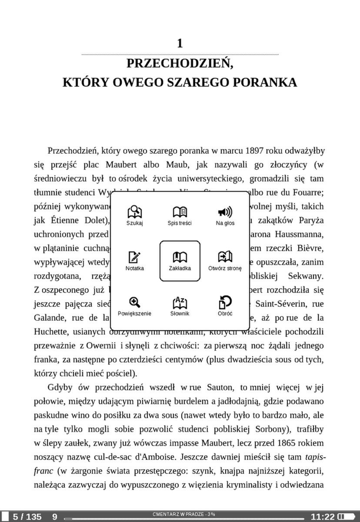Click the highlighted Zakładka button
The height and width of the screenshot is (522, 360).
click(x=180, y=261)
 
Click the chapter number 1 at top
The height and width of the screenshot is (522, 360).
click(x=180, y=43)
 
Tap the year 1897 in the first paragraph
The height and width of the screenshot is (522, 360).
click(x=254, y=151)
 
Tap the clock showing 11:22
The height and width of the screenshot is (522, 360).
click(x=323, y=517)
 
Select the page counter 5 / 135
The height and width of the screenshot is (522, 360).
click(x=27, y=517)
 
